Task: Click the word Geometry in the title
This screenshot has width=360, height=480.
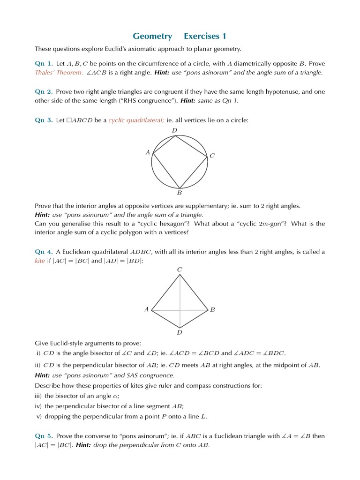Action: pos(152,36)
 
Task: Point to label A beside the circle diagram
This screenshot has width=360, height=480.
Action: pos(148,152)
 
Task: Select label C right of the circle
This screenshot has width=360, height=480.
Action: pos(212,156)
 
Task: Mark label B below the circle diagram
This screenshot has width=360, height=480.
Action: pos(179,193)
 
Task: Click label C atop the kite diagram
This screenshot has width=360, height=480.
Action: pos(179,269)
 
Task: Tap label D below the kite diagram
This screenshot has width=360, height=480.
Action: pos(179,332)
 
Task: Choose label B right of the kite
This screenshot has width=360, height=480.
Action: pos(212,310)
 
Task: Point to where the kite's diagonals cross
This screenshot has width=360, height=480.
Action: pos(180,310)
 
